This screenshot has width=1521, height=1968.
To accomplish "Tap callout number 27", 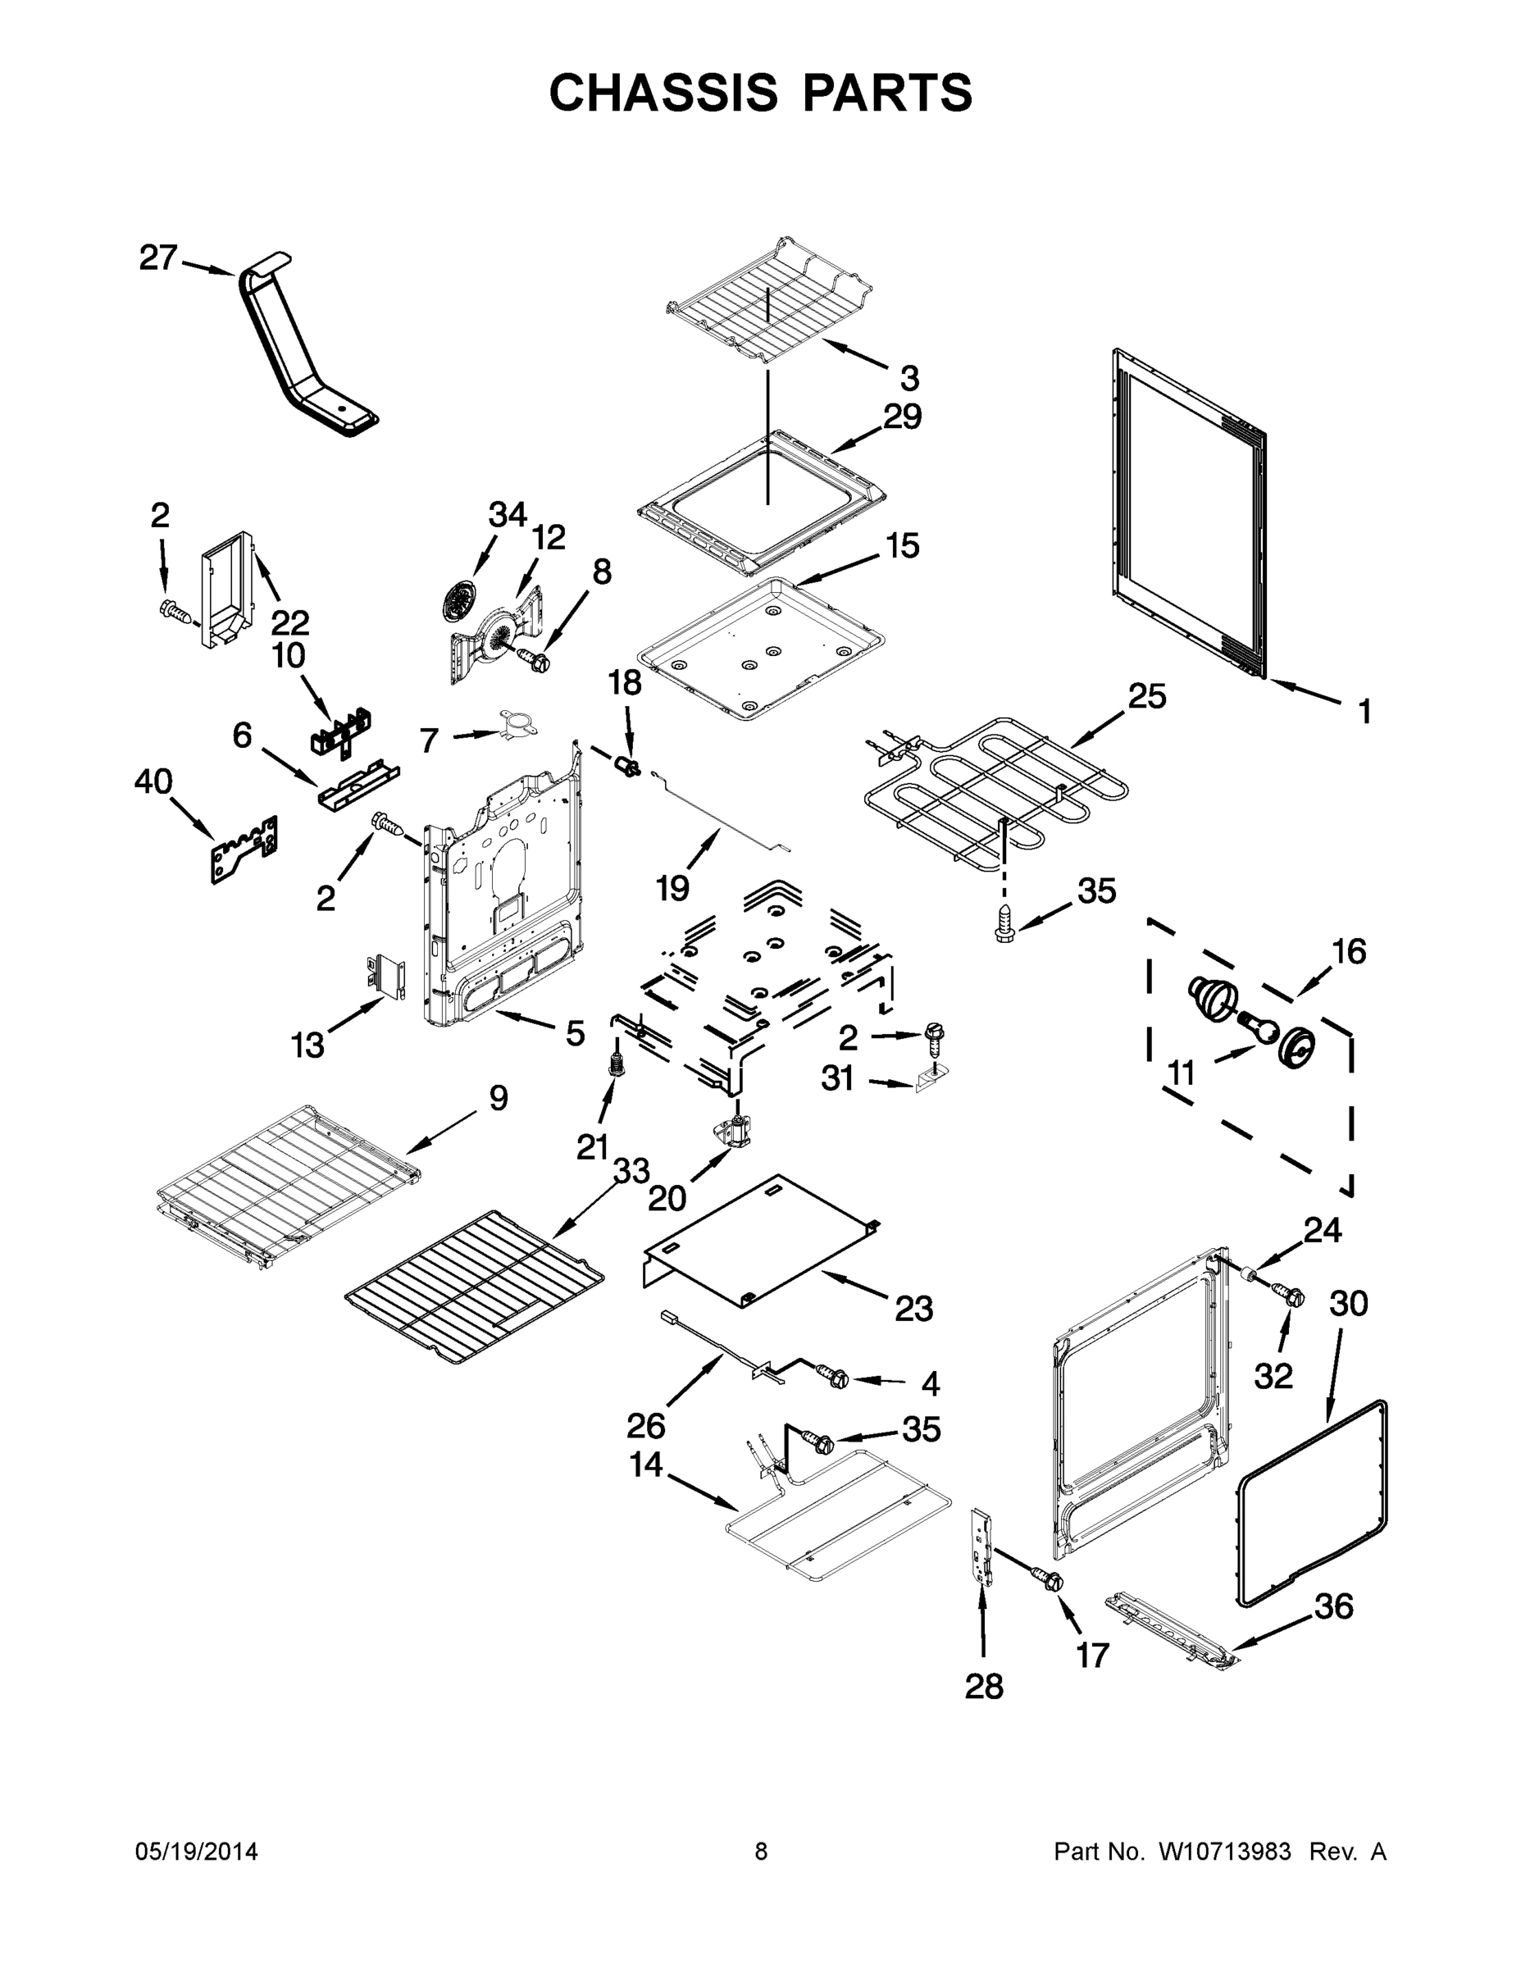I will point(157,258).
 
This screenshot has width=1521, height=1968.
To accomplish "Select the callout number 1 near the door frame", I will point(1364,711).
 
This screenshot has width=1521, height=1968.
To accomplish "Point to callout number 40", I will point(153,781).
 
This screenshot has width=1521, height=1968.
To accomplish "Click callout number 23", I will point(913,1309).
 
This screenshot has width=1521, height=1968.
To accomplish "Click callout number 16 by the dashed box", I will point(1348,951).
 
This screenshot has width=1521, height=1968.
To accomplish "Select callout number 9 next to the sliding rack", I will point(498,1097).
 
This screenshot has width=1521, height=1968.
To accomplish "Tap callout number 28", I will point(983,1686).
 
